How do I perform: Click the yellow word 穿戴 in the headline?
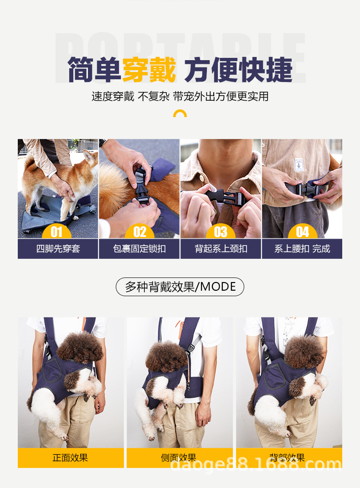click(149, 70)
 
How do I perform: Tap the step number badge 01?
click(57, 232)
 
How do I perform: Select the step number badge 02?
click(139, 232)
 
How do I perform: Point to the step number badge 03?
click(221, 232)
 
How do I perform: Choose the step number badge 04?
click(303, 232)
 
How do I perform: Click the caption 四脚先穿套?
click(58, 249)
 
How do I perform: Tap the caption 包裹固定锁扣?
click(139, 249)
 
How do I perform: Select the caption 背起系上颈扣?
click(221, 249)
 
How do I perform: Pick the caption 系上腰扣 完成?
click(302, 249)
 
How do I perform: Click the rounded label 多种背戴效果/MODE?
click(180, 287)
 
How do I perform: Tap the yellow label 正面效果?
click(71, 457)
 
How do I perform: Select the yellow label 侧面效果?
click(179, 457)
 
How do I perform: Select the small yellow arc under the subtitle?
click(180, 113)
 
